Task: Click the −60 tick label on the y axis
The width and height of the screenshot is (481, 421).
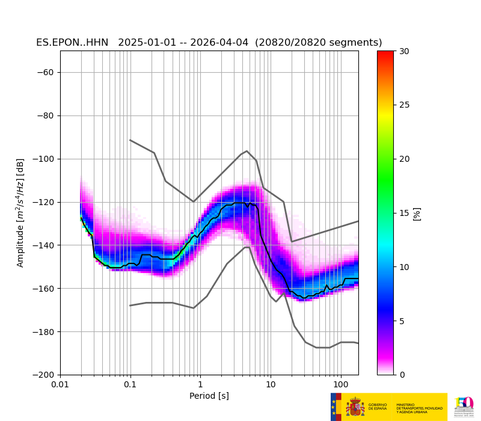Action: tap(46, 72)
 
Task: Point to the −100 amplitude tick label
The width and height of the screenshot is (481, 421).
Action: tap(44, 159)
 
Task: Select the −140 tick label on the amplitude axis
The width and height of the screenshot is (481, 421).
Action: tap(44, 245)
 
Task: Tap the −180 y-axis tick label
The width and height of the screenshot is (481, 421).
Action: tap(44, 332)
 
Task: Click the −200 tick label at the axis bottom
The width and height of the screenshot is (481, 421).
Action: tap(44, 375)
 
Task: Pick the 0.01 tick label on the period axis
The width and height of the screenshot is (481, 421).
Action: tap(60, 384)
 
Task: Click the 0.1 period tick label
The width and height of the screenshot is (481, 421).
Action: tap(130, 384)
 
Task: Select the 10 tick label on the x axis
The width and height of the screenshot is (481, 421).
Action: tap(271, 384)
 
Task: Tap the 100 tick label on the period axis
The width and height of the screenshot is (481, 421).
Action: tap(340, 384)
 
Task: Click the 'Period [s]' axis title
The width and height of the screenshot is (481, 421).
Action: tap(209, 396)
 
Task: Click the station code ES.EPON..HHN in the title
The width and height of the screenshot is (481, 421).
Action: tap(72, 43)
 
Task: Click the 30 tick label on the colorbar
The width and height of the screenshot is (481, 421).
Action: tap(404, 51)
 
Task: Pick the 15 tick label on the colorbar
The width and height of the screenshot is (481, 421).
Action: tap(404, 213)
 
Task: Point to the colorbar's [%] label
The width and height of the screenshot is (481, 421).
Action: tap(417, 213)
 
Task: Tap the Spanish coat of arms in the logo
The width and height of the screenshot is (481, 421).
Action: tap(355, 407)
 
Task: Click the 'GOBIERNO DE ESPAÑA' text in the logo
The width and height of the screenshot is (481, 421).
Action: tap(378, 407)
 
